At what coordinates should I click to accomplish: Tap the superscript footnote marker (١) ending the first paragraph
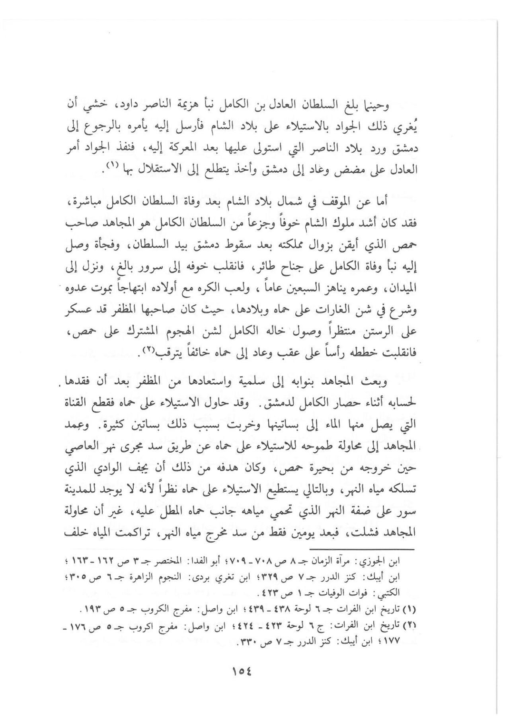111,165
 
